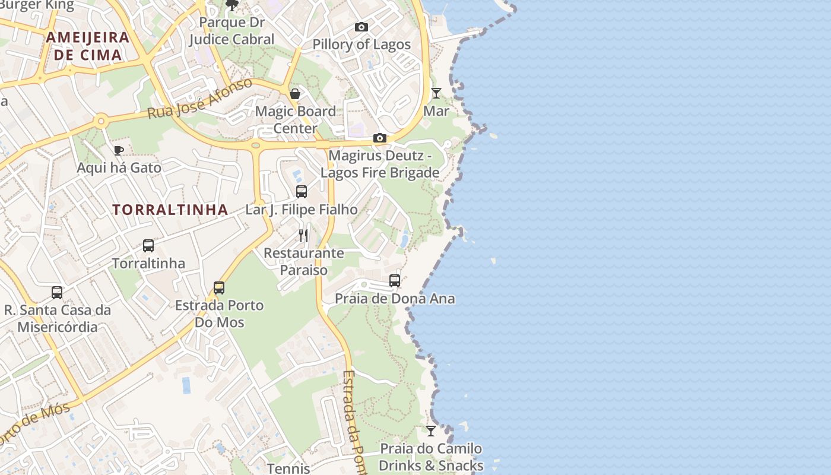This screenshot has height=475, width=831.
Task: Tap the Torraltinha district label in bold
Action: pos(170,210)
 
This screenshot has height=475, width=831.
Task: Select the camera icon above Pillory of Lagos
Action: pos(361,27)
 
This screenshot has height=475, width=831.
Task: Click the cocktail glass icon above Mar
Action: pos(436,93)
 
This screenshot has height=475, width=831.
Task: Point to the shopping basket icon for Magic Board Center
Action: pos(295,94)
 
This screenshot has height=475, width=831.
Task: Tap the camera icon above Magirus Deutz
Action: pos(380,138)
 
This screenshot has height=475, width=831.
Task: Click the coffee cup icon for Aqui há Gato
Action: pos(118,150)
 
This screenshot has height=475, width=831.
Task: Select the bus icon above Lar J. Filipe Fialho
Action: pos(302,192)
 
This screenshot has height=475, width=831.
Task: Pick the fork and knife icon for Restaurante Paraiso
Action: pos(303,236)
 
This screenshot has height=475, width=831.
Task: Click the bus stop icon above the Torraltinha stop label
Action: pos(148,246)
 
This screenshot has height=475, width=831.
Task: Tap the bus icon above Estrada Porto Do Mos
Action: pos(219,288)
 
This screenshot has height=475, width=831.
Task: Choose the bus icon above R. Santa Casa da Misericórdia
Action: pos(57,293)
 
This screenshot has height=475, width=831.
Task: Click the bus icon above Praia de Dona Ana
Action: pos(395,281)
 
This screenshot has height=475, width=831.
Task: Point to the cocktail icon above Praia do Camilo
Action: pos(431,431)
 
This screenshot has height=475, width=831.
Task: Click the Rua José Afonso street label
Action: pos(200,97)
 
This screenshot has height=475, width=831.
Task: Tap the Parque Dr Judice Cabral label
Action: pos(231,31)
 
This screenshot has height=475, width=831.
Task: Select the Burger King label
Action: pos(37,5)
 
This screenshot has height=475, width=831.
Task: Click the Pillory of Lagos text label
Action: pos(361,45)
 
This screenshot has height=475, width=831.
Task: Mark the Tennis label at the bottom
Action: pos(288,468)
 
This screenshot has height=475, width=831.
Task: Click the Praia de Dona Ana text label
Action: pos(395,299)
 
